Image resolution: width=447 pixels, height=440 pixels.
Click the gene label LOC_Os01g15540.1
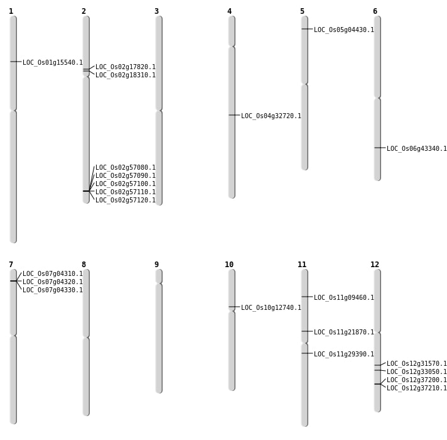tap(53, 63)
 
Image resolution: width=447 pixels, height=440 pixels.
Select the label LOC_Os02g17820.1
tap(126, 67)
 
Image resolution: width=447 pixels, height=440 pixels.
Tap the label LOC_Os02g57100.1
tap(126, 184)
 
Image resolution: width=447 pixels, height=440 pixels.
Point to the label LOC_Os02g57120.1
tap(126, 201)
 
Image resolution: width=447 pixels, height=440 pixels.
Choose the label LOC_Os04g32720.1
tap(271, 116)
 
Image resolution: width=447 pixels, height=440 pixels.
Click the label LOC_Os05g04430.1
tap(344, 30)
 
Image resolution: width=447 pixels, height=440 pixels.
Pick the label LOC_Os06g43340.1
tap(417, 149)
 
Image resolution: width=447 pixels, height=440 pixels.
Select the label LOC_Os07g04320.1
tap(53, 282)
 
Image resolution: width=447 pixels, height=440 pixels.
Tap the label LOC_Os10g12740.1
tap(271, 308)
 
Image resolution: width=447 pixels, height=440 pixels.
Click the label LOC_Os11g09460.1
tap(344, 298)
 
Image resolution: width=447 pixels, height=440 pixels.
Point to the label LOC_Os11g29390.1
tap(344, 355)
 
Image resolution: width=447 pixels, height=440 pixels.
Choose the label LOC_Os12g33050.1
tap(417, 372)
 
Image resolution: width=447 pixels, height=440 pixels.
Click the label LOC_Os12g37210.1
tap(417, 388)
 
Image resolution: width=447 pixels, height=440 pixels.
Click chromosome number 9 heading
tap(156, 265)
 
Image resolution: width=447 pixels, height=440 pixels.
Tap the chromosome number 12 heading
tap(375, 265)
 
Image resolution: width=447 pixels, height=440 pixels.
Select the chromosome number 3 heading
tap(156, 11)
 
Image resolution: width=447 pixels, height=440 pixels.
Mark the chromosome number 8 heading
tap(83, 265)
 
